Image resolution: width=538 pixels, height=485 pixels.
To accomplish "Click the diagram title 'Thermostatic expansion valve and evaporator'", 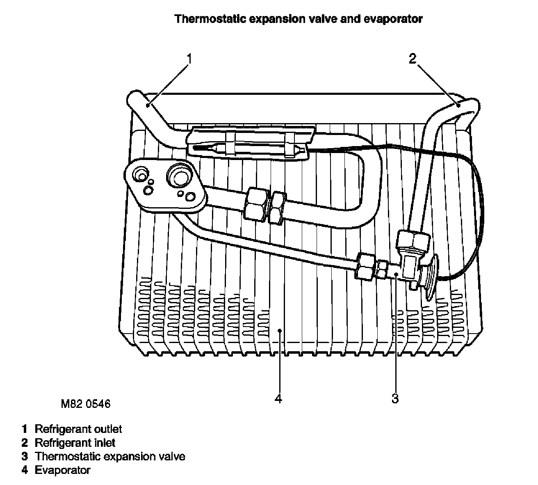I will (x=298, y=19).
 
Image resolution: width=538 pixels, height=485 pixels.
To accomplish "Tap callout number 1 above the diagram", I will (x=189, y=59).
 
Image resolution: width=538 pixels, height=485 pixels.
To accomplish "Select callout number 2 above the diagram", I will (x=412, y=59).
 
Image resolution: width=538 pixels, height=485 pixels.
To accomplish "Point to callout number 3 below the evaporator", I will (x=395, y=398).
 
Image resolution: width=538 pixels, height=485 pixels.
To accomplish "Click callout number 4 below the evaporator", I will (x=278, y=398).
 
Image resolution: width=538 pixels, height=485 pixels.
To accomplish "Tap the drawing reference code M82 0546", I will (x=86, y=404).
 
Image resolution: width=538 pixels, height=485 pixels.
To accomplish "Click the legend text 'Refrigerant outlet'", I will (x=78, y=429).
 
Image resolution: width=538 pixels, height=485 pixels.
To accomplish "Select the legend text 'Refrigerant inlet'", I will (x=75, y=443).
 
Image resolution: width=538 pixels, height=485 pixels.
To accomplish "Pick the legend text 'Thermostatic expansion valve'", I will (x=110, y=456).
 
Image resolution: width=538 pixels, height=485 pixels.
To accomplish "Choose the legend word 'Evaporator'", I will (x=62, y=470).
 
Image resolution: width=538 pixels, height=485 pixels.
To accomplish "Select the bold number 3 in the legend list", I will (x=25, y=456).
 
